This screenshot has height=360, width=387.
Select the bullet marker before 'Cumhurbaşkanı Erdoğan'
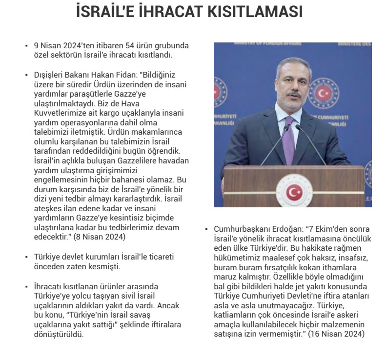[207, 229]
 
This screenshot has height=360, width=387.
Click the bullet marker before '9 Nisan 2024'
[27, 45]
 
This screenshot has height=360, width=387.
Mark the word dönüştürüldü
[59, 334]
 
